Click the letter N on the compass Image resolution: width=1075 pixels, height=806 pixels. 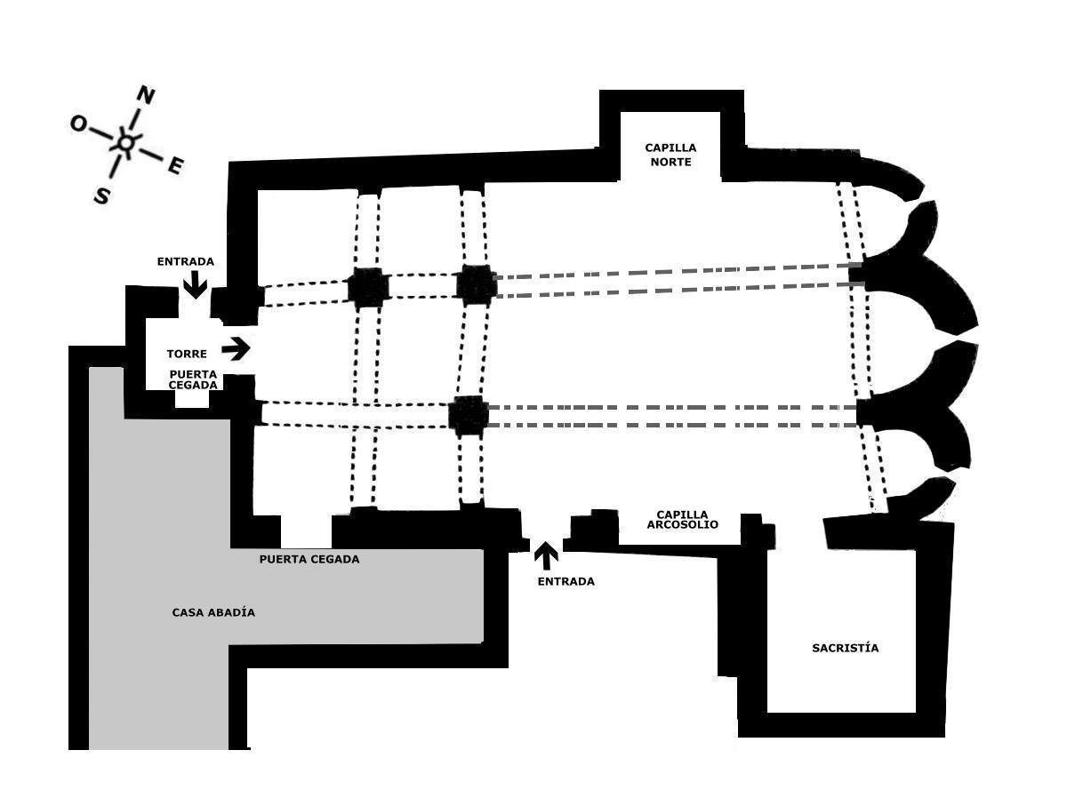(x=145, y=95)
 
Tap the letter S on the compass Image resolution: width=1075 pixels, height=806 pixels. (x=102, y=196)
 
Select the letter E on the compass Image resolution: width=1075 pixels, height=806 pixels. (x=176, y=165)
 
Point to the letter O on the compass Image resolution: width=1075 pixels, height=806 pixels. (x=78, y=124)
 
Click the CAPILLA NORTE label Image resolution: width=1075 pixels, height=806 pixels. (x=670, y=155)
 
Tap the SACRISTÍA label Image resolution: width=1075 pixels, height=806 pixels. (x=845, y=648)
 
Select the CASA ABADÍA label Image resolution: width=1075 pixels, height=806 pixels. (x=213, y=612)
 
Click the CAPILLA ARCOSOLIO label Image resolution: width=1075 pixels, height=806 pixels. (x=682, y=520)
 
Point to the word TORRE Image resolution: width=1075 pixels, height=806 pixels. (x=187, y=354)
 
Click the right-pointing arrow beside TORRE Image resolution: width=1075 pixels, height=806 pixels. (x=236, y=348)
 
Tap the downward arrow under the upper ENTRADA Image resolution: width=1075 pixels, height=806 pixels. (x=195, y=284)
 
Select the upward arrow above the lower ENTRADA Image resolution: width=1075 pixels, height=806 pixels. (x=546, y=555)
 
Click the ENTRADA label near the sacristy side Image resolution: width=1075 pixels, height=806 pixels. (x=566, y=581)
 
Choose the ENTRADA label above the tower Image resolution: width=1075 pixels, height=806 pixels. (x=185, y=261)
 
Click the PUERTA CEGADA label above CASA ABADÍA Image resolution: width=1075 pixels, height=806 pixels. (x=309, y=559)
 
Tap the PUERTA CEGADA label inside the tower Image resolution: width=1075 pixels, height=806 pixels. (x=193, y=379)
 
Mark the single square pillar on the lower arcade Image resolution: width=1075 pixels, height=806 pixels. (x=469, y=415)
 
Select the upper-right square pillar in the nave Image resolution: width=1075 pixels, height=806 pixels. (x=477, y=285)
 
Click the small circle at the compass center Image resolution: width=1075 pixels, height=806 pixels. (x=126, y=142)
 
